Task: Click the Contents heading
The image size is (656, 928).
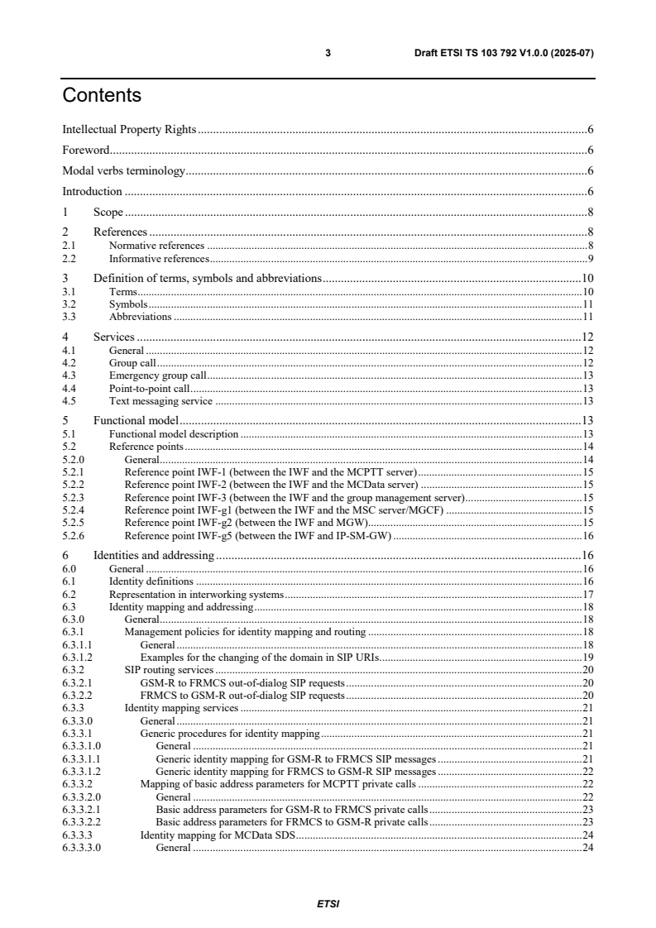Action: point(102,96)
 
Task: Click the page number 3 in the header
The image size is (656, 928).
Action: point(328,53)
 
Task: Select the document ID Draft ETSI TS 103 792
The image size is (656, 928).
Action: point(504,53)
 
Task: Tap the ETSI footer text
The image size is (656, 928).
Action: point(328,903)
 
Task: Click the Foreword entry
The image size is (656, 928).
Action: point(86,151)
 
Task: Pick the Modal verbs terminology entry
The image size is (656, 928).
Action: point(123,171)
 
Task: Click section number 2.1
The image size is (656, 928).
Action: point(69,246)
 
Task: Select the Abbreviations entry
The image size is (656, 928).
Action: point(140,317)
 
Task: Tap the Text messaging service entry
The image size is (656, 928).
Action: point(160,401)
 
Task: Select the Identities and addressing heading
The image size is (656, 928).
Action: point(154,556)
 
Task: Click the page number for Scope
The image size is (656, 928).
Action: point(591,213)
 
